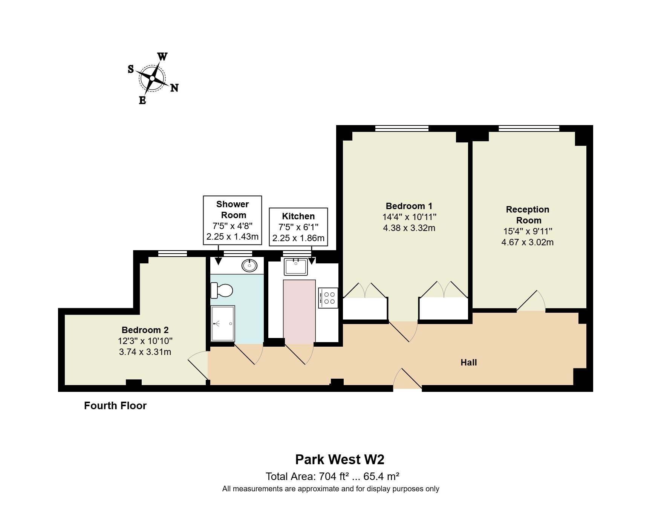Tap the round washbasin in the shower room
coord(249,266)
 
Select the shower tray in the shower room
coord(223,324)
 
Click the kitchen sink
coord(296,267)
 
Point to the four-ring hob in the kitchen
coord(328,298)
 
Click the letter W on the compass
coord(162,57)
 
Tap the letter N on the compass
coord(174,88)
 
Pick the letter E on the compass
coord(142,100)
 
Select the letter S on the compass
coord(131,69)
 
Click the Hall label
coord(469,362)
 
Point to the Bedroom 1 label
coord(409,206)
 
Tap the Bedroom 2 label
coord(145,330)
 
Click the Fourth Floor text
coord(115,405)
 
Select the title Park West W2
coord(340,459)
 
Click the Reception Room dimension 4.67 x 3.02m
coord(527,242)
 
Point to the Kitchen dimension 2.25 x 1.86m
coord(298,238)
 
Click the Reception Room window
coord(529,128)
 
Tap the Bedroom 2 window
coord(173,254)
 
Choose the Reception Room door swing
coord(531,301)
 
